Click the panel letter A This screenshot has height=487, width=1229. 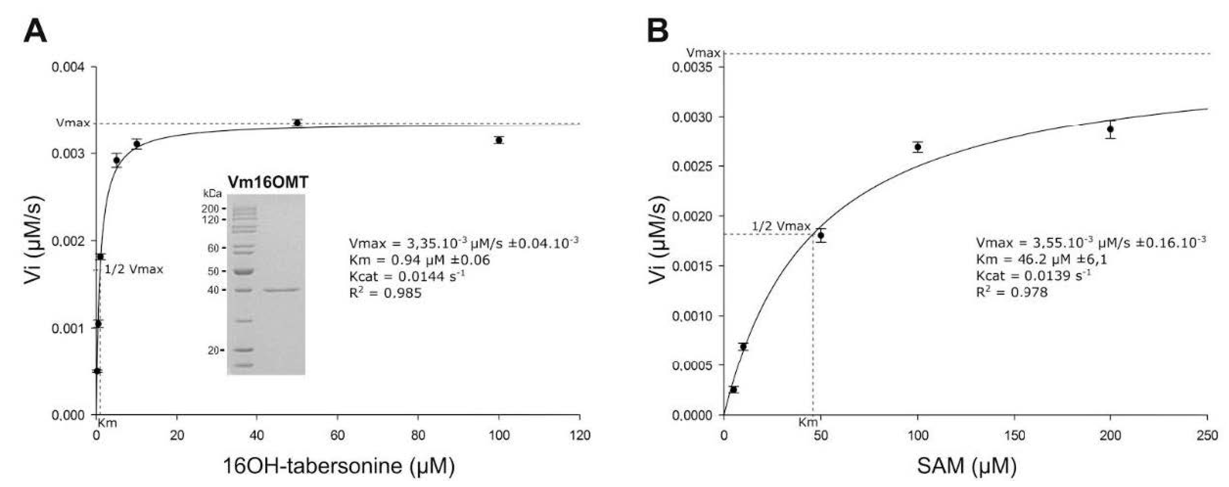35,31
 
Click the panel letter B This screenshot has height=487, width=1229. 657,31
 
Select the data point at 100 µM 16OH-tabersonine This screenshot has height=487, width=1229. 499,140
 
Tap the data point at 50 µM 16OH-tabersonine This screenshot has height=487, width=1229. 297,123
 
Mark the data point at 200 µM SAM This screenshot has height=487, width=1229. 1110,129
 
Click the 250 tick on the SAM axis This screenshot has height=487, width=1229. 1207,435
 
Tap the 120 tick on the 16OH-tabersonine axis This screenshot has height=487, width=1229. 580,435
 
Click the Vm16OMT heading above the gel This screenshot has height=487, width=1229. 268,182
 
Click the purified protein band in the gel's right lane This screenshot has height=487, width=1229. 281,289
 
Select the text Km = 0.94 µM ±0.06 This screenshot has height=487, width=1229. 419,260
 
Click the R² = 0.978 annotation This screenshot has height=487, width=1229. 1011,292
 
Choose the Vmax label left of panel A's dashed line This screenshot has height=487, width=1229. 73,123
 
